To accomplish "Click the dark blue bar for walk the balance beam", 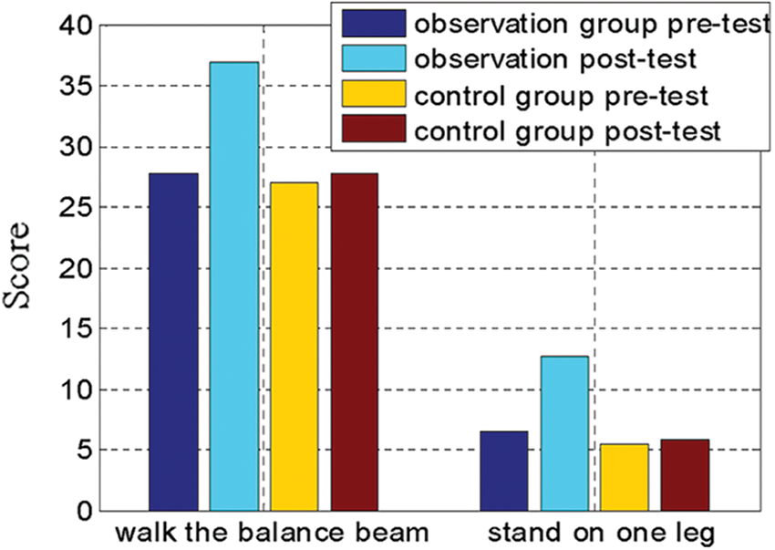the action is (x=173, y=342).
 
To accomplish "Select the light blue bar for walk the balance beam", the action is (x=234, y=286).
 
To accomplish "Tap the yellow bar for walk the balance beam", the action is (x=294, y=347).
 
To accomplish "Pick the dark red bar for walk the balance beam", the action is (x=355, y=342).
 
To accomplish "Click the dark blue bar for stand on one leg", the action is (x=504, y=471).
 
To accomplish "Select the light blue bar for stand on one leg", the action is (x=564, y=433).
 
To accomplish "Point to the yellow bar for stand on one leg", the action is (x=625, y=477).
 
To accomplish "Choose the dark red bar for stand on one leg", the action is (x=685, y=475).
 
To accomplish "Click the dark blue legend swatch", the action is (x=374, y=23).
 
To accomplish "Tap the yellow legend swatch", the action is (x=374, y=93).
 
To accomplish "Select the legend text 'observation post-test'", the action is (x=555, y=59).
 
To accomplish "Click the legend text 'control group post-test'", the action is (x=567, y=131).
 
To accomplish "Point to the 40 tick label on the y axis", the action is (x=75, y=26).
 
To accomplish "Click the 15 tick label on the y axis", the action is (x=75, y=329).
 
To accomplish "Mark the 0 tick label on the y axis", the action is (x=83, y=512).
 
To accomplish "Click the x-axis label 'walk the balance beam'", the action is (x=272, y=534).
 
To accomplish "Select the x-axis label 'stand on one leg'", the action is (x=602, y=534).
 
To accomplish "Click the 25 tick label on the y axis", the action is (x=75, y=208).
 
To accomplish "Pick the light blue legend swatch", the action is (x=374, y=58).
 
